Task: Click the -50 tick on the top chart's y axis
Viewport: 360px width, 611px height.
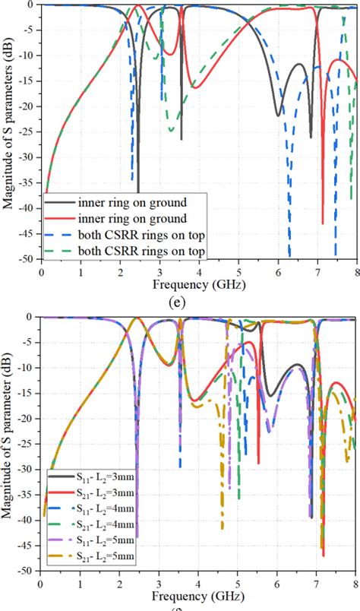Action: (x=27, y=259)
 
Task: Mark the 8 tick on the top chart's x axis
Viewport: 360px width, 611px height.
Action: (x=355, y=270)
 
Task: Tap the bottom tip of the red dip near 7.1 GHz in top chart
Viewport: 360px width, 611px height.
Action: (x=322, y=223)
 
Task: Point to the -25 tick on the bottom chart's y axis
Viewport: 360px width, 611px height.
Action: (x=27, y=444)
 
